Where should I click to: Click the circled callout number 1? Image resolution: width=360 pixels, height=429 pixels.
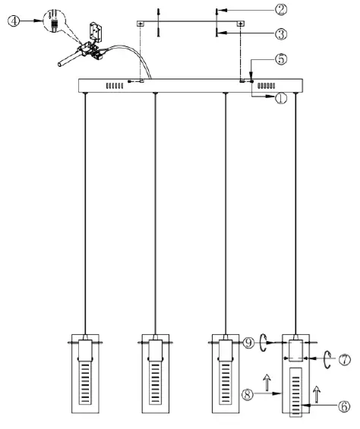[280, 99]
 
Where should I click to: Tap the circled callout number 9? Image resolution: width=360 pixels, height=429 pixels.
[248, 342]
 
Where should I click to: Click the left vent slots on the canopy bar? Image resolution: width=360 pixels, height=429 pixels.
[115, 86]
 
